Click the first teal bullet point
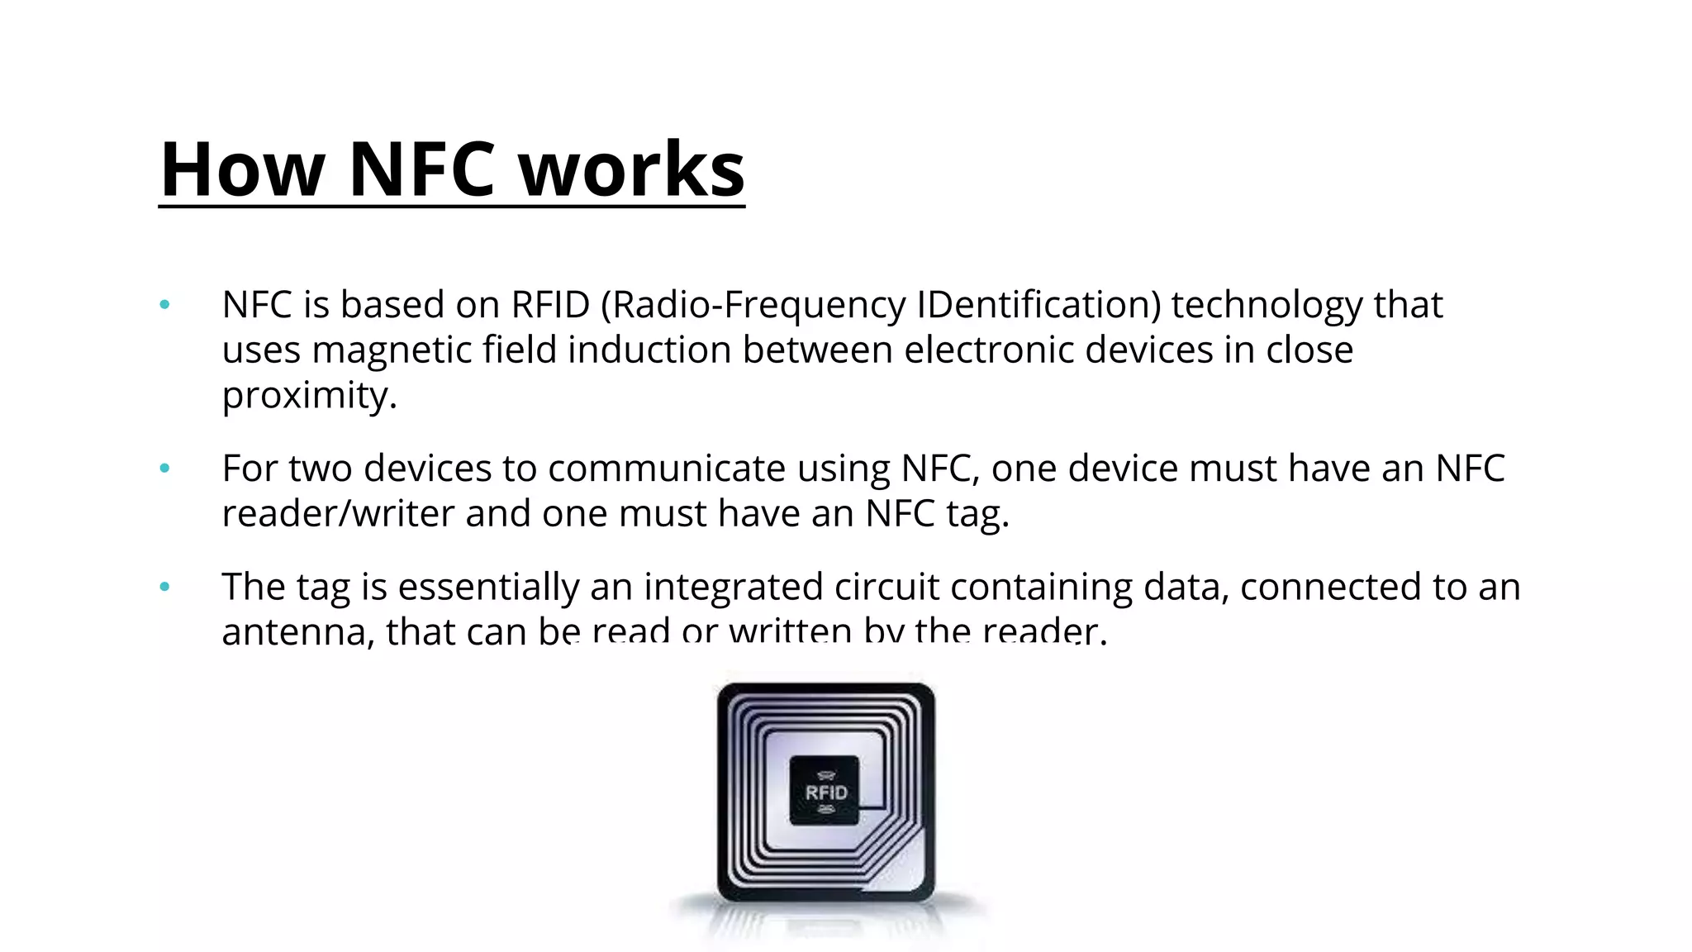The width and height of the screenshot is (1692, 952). [x=165, y=305]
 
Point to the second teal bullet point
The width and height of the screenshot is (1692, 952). [x=165, y=469]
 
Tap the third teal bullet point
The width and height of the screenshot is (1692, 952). [x=165, y=587]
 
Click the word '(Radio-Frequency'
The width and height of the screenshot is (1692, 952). [x=753, y=305]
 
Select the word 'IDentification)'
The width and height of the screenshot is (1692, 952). [x=1038, y=305]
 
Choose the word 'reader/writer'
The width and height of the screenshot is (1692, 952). [x=338, y=513]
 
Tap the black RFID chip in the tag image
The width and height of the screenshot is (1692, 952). [x=825, y=790]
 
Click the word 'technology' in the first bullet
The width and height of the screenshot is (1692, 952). [x=1267, y=305]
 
